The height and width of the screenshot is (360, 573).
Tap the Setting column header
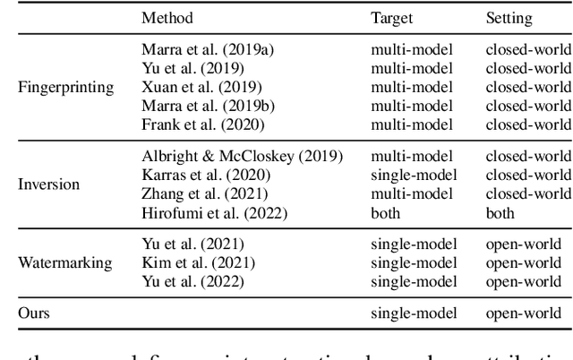click(x=509, y=17)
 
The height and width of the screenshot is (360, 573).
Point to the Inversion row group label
click(x=49, y=185)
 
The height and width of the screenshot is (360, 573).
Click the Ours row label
click(x=35, y=313)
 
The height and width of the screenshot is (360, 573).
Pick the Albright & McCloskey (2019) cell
click(x=242, y=157)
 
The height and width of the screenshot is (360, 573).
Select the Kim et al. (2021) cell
click(x=185, y=264)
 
